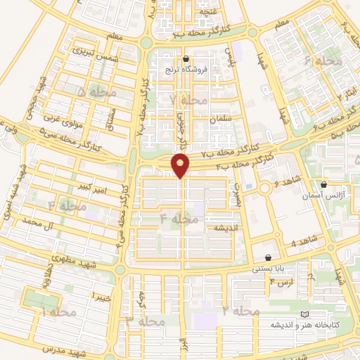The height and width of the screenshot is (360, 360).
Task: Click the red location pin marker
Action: [181, 165]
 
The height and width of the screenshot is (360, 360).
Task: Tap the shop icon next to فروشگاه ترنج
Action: [186, 59]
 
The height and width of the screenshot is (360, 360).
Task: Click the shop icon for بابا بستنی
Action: [269, 257]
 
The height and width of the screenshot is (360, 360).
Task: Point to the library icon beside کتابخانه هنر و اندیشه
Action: [304, 314]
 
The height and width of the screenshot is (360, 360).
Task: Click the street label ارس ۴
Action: [282, 282]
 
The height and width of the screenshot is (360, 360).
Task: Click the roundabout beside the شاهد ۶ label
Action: [265, 188]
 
